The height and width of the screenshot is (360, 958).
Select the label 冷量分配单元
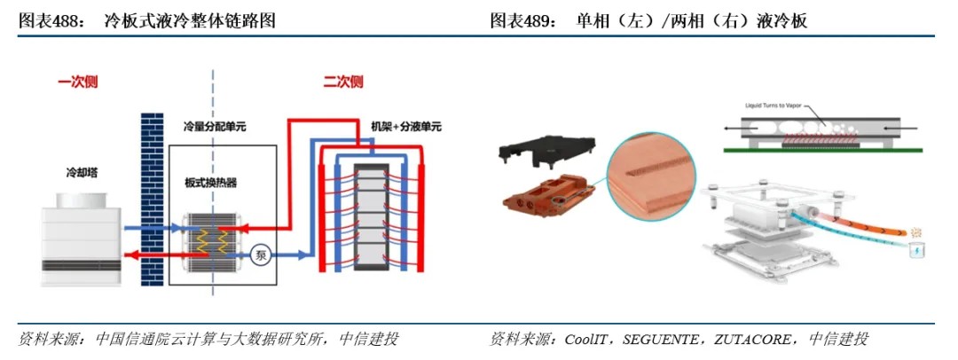214,127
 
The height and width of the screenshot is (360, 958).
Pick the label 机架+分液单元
404,127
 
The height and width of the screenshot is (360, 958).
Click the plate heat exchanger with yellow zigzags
211,240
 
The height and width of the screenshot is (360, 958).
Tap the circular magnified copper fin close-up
648,174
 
